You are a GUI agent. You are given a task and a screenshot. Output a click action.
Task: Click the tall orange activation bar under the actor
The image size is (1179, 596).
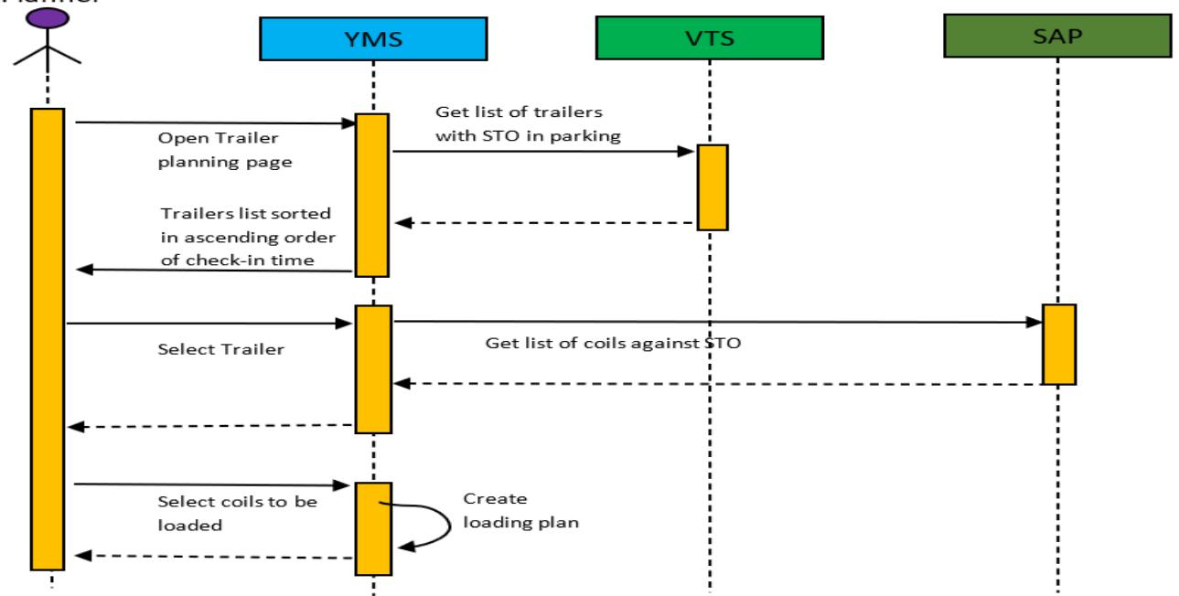pyautogui.click(x=48, y=338)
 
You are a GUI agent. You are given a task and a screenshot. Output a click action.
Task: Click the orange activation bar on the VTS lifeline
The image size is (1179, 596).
pyautogui.click(x=713, y=187)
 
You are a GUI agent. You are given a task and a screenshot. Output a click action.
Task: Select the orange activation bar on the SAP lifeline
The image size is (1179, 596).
pyautogui.click(x=1058, y=344)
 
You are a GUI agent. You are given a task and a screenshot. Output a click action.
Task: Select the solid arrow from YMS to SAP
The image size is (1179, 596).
pyautogui.click(x=713, y=321)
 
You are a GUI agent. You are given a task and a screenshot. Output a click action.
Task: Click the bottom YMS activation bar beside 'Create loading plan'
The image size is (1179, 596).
pyautogui.click(x=373, y=527)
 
